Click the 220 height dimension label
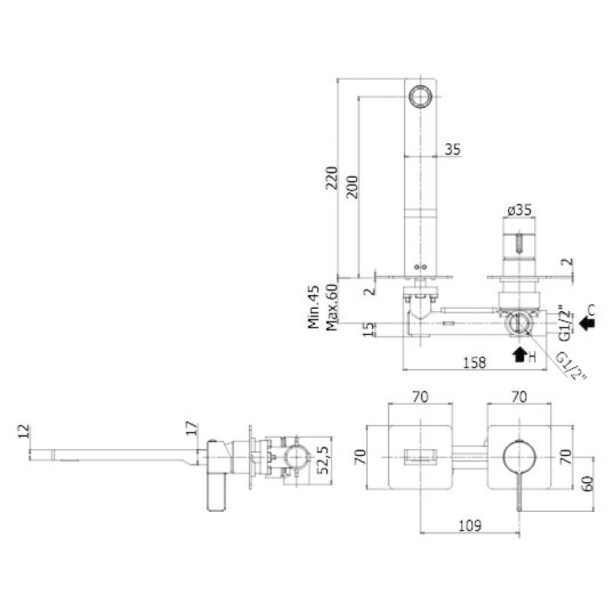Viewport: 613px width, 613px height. point(332,178)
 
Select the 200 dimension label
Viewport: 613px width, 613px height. point(352,187)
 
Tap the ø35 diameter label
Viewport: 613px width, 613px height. point(520,210)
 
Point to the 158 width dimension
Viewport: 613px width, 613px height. point(474,362)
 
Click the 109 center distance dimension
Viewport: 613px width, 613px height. point(470,525)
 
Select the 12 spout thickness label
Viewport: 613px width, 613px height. point(24,431)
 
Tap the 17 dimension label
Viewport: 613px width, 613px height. point(192,428)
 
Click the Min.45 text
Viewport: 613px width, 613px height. point(313,307)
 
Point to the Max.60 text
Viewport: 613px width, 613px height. point(332,307)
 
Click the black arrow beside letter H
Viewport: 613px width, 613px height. point(520,354)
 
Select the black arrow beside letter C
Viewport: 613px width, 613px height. point(587,323)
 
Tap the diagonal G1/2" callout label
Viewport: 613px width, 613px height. point(571,366)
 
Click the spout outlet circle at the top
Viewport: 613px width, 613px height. point(420,96)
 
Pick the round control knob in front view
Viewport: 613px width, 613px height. point(520,457)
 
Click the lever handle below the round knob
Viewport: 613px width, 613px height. point(520,492)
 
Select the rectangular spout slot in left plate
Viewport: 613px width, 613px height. point(420,457)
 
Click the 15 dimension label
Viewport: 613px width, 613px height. point(369,329)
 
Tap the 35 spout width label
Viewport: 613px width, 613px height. point(453,149)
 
